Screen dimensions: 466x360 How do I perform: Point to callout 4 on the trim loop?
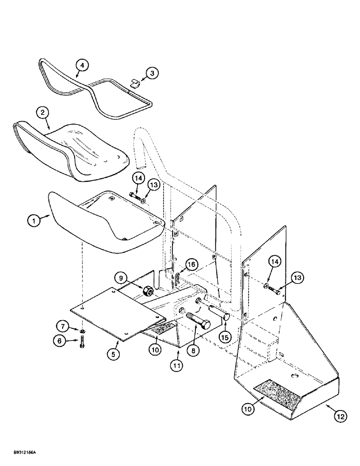click(x=82, y=65)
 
